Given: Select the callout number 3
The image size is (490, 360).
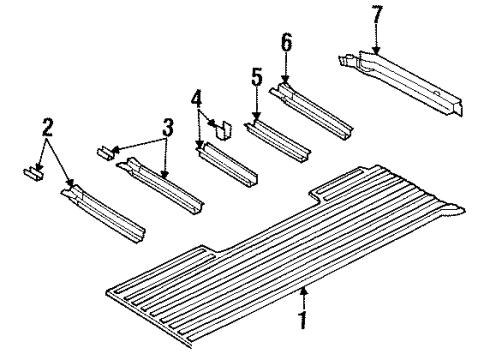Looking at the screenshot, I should click(x=168, y=128).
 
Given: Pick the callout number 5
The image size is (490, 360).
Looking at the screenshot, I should click(x=256, y=76).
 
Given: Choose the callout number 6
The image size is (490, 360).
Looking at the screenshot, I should click(x=286, y=43).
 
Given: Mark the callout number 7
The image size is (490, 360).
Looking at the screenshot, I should click(x=375, y=16).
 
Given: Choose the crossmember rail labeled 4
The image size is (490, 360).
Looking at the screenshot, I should click(x=231, y=165).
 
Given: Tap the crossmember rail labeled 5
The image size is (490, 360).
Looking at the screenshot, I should click(x=277, y=139).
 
